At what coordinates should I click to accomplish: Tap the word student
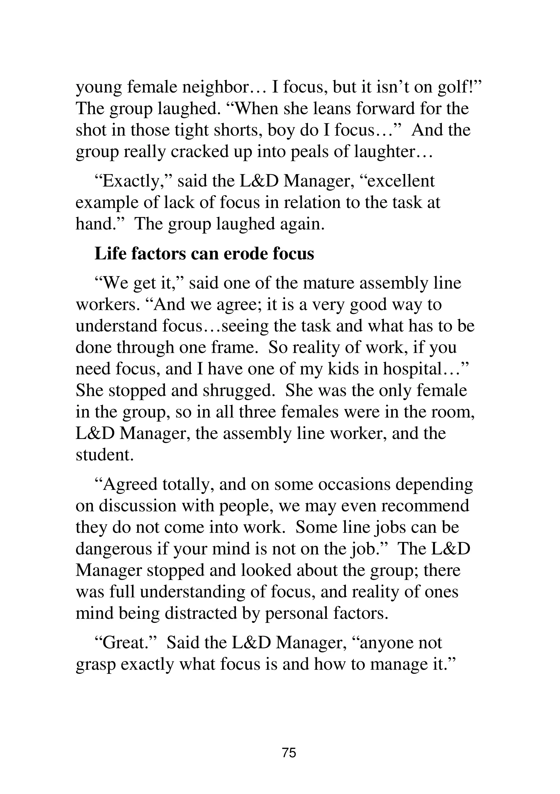coord(104,455)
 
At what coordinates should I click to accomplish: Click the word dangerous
coord(114,549)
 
